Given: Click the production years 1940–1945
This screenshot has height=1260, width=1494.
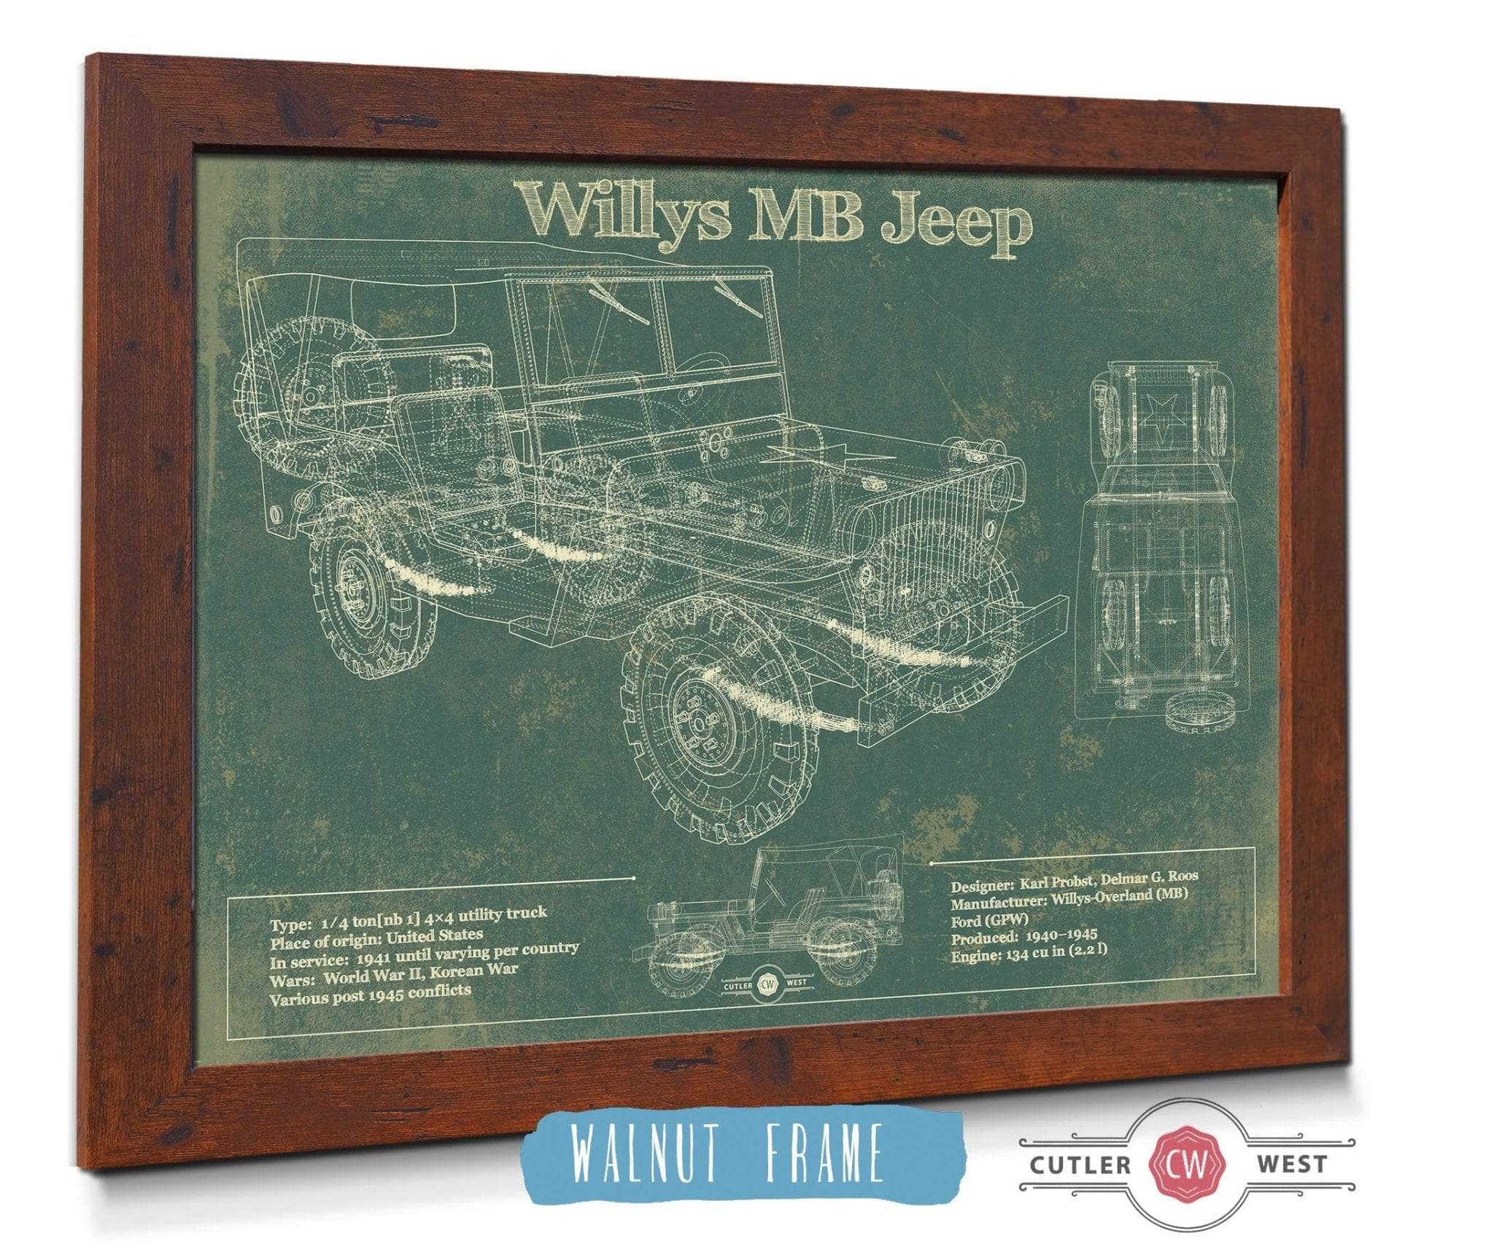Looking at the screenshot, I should coord(1061,938).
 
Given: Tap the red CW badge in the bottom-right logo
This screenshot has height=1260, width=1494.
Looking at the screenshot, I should coord(1186,1164).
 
